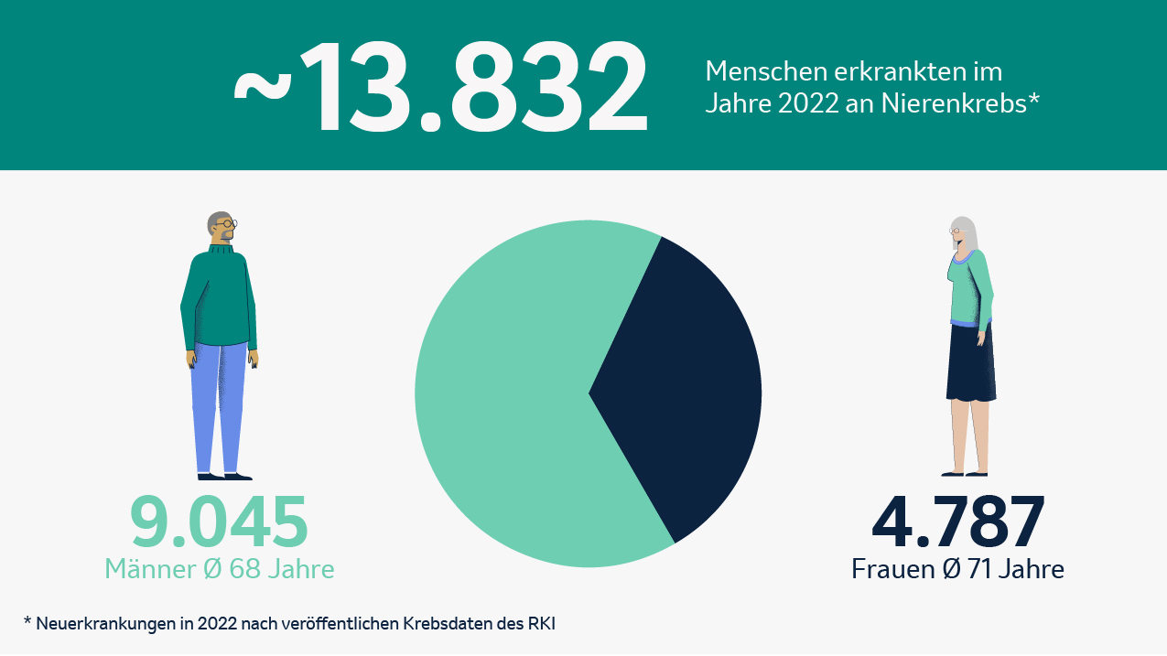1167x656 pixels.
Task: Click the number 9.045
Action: [x=219, y=523]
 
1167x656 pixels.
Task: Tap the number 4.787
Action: [x=957, y=523]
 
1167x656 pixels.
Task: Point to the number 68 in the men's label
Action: [x=243, y=569]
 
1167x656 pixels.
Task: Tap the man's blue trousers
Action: [x=219, y=403]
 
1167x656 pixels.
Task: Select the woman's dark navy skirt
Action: [x=970, y=361]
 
